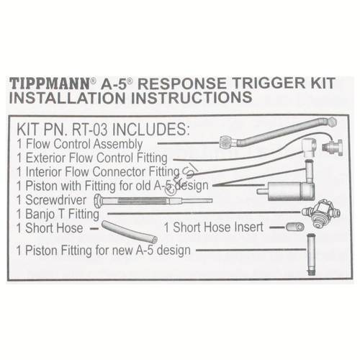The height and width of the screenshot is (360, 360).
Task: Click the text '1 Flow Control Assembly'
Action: [78, 144]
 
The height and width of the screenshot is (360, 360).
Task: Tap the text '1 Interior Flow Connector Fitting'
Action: [97, 171]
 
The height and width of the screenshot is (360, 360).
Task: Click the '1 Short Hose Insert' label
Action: [214, 228]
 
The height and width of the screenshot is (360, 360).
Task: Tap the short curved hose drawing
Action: [130, 232]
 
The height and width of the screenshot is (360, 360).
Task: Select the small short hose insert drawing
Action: [294, 227]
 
